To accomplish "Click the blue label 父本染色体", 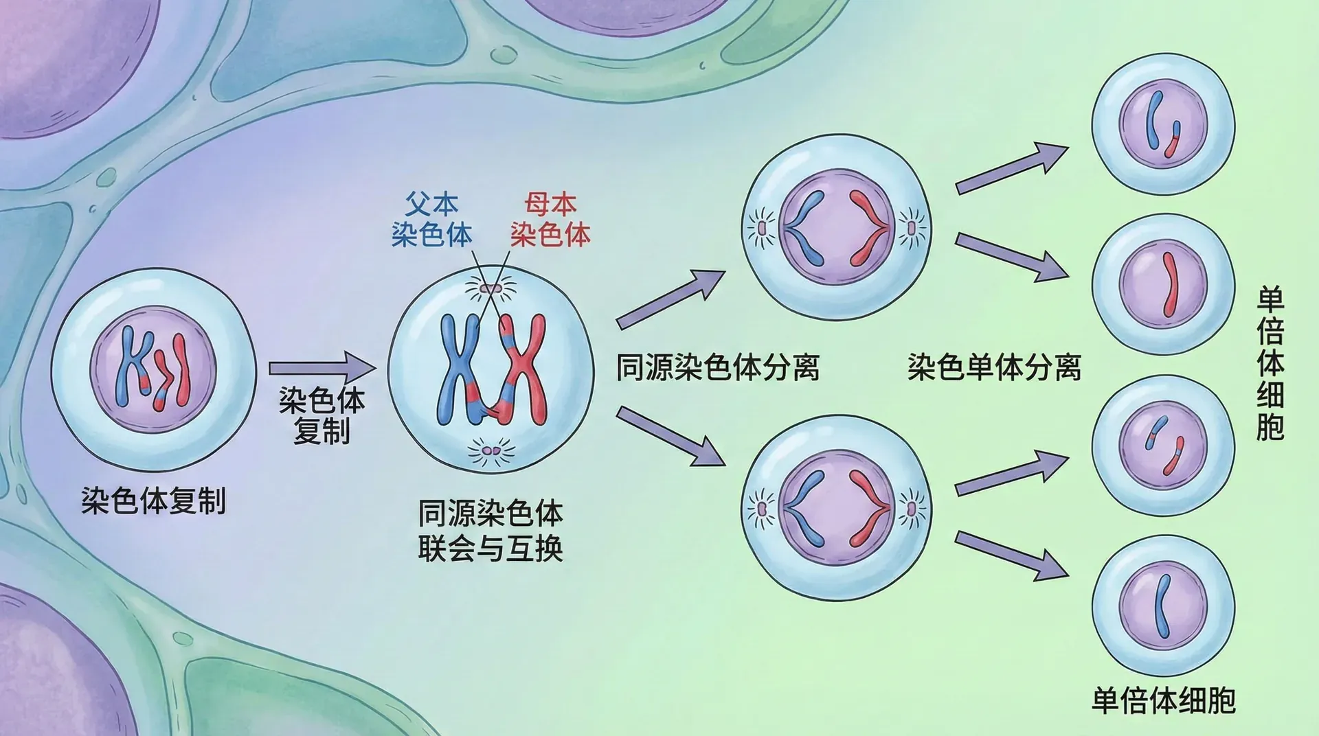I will (x=431, y=220).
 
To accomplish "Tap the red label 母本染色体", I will (x=550, y=220).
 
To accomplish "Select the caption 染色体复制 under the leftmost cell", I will (x=153, y=501).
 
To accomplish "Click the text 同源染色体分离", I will (x=717, y=367).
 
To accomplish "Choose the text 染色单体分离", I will (x=994, y=367).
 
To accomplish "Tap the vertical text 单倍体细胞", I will (x=1270, y=364).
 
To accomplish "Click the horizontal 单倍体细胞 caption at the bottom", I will (x=1164, y=700).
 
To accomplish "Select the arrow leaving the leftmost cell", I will (x=322, y=368).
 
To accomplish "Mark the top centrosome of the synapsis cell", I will (x=491, y=288).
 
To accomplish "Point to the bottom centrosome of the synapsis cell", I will (x=491, y=451).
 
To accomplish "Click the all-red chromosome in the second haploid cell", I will (x=1169, y=284).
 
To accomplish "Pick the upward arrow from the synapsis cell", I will (x=670, y=299).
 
